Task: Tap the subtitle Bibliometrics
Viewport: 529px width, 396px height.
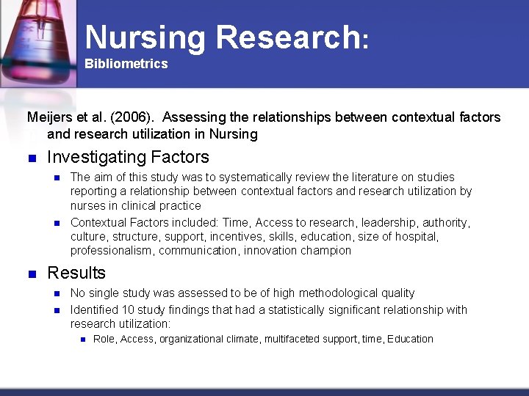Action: coord(126,64)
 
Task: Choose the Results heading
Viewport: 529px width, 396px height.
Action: coord(76,274)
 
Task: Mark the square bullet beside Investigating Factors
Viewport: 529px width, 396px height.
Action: coord(31,158)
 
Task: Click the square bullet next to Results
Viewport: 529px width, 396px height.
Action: coord(31,274)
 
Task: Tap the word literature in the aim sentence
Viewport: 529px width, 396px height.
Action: coord(388,177)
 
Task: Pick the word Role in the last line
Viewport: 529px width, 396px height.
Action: coord(104,339)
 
